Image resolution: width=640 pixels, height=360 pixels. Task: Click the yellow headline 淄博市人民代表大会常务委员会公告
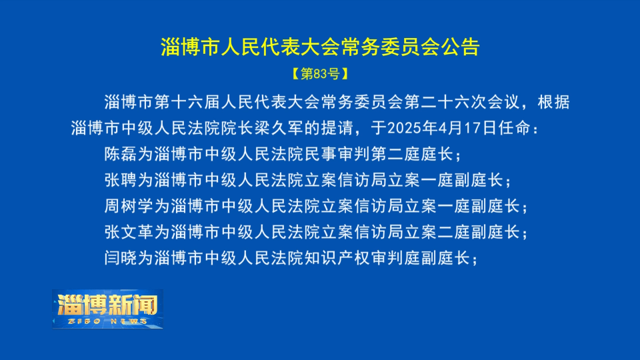pos(320,47)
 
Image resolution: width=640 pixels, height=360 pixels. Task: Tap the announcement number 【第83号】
pos(321,73)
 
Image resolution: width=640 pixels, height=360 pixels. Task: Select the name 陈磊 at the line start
pos(121,154)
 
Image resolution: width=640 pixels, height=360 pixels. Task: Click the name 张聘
pos(121,180)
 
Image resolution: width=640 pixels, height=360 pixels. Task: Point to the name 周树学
pos(129,206)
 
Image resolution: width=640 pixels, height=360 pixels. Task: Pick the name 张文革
pos(129,232)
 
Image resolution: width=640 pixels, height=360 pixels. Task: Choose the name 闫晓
pos(121,258)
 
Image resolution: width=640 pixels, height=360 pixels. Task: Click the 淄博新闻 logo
pos(108,309)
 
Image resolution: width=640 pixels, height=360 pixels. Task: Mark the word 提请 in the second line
pos(337,128)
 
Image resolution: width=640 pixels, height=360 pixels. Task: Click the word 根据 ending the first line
pos(553,102)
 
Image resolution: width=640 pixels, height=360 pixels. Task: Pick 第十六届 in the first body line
pos(187,102)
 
